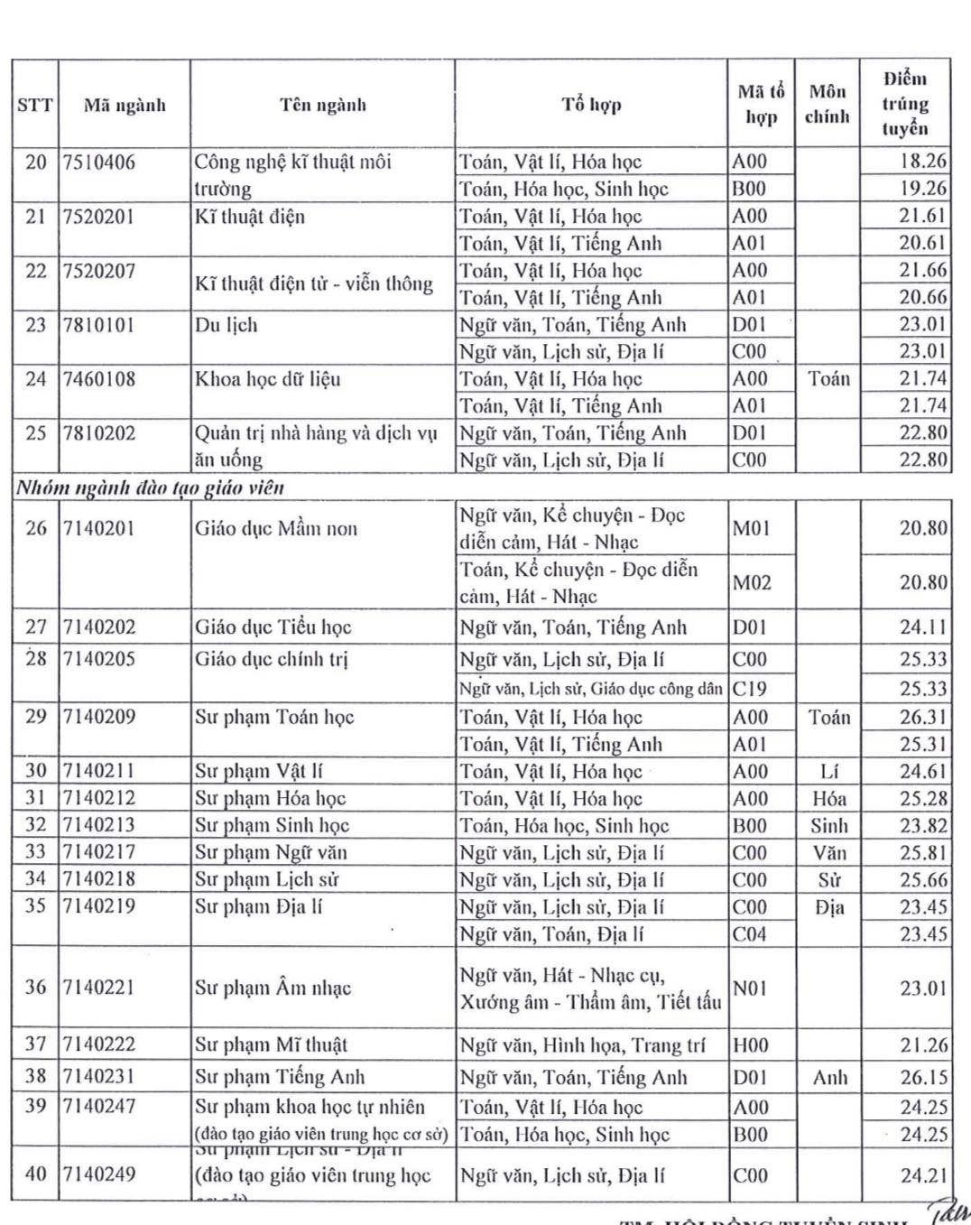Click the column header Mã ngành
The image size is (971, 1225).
click(x=125, y=106)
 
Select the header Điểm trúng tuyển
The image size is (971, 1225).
click(x=904, y=103)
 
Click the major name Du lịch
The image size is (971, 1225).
click(x=226, y=325)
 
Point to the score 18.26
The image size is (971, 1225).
click(x=922, y=162)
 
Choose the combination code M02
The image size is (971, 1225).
click(x=752, y=583)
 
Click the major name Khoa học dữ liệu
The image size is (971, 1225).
click(x=267, y=379)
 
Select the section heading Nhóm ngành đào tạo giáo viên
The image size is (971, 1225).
click(x=150, y=488)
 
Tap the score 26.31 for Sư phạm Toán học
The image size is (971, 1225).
click(x=922, y=718)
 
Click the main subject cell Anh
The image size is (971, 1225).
click(x=829, y=1078)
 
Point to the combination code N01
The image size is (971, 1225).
click(x=750, y=988)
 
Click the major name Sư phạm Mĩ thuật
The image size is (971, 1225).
click(x=271, y=1045)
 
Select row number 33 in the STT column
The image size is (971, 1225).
click(x=35, y=852)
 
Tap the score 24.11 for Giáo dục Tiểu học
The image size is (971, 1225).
click(x=922, y=627)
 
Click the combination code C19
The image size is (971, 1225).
click(x=750, y=689)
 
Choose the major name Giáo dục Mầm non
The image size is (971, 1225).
click(x=275, y=529)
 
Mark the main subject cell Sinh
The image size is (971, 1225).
click(x=828, y=826)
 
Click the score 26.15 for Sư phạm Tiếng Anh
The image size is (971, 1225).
click(x=922, y=1078)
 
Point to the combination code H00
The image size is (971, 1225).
click(x=751, y=1045)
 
